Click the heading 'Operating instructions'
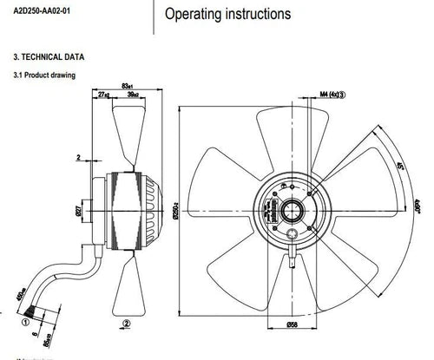(228, 15)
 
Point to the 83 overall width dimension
(127, 85)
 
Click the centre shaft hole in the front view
(288, 208)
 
